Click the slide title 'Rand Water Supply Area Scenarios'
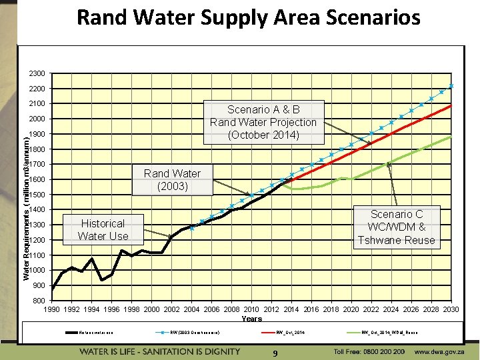click(248, 17)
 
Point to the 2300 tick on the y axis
click(37, 73)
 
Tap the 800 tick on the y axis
click(39, 301)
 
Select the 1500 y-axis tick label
click(37, 195)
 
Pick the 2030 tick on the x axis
click(451, 309)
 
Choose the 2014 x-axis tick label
click(291, 309)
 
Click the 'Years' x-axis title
click(251, 319)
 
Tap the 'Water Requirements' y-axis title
click(26, 198)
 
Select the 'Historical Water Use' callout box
click(103, 229)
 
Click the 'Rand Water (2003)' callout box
click(172, 179)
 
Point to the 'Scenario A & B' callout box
click(263, 122)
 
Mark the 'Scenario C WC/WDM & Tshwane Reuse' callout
click(396, 227)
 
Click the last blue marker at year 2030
click(451, 86)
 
